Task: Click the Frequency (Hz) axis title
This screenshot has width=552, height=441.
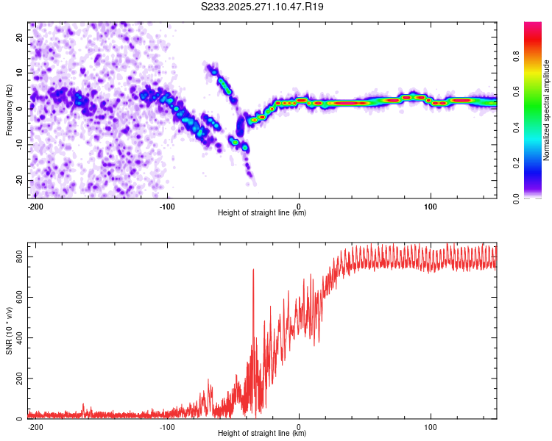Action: pos(9,110)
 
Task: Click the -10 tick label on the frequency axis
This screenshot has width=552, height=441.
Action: pos(18,144)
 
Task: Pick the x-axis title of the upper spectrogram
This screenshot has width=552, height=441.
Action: pos(262,213)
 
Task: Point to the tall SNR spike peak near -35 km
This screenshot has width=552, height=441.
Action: pos(253,270)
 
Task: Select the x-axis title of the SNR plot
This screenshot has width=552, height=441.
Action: pos(262,434)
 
